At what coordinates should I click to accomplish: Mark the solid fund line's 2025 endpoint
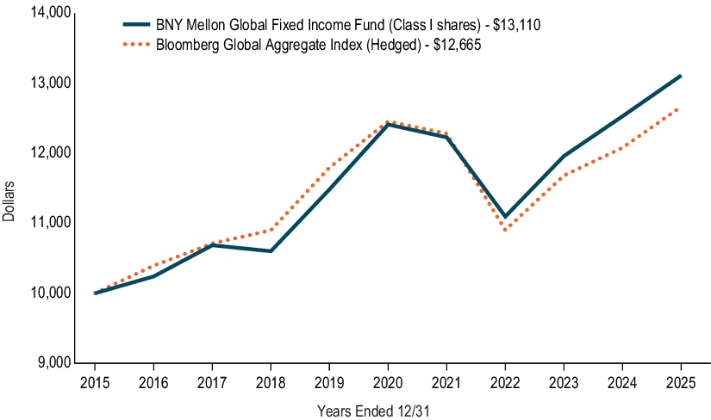pos(681,76)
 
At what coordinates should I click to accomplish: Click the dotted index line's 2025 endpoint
pos(681,108)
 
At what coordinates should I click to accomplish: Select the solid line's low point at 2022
pos(505,217)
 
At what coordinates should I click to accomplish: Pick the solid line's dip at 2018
pos(271,251)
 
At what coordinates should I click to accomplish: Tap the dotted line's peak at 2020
pos(388,121)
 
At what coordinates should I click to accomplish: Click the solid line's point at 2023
pos(564,156)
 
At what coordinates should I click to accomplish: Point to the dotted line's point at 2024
pos(622,147)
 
